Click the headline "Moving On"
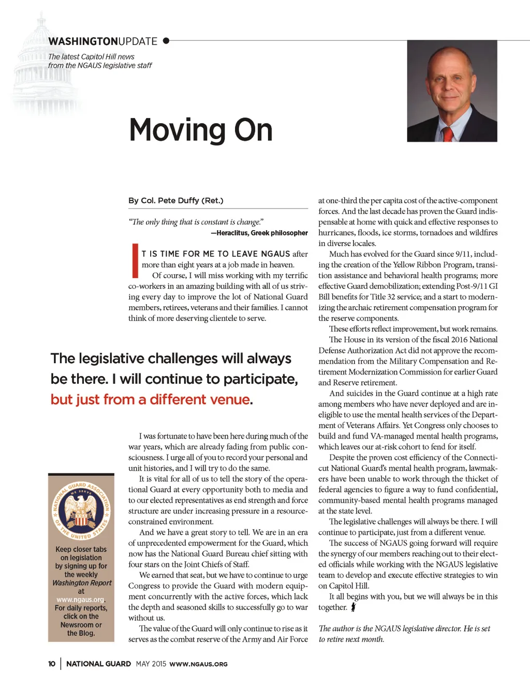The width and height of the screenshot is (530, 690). (x=201, y=130)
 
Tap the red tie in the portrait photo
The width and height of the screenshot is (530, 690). (x=448, y=133)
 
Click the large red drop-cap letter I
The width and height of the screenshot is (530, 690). (x=135, y=260)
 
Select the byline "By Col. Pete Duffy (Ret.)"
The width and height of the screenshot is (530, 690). (x=176, y=201)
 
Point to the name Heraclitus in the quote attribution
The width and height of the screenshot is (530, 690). (x=232, y=233)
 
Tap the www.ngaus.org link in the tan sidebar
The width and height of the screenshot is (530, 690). (x=80, y=599)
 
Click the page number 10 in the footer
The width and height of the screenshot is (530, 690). (x=52, y=664)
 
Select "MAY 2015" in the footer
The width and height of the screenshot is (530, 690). (x=151, y=664)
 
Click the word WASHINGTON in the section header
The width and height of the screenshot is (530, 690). (x=83, y=41)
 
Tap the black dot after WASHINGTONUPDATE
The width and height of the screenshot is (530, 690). (x=166, y=40)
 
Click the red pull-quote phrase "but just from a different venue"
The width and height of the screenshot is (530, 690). (x=150, y=400)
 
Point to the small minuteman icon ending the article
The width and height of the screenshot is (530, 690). (x=353, y=607)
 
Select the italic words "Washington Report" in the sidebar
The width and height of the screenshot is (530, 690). (x=82, y=583)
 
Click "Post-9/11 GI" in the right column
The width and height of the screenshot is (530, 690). (x=475, y=286)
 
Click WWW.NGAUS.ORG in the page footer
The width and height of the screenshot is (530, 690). (x=198, y=664)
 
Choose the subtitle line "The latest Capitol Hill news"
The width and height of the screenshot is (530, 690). (x=91, y=57)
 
